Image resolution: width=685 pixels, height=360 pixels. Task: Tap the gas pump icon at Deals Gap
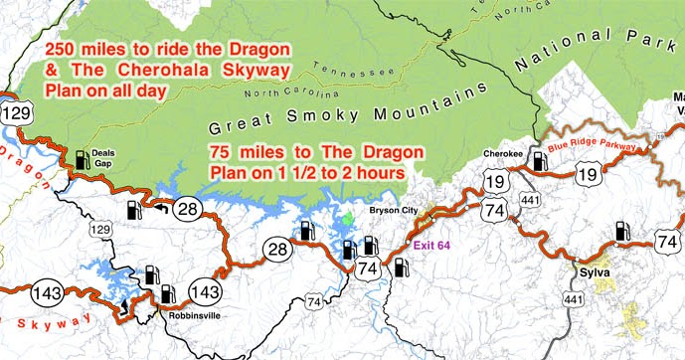pos(80,158)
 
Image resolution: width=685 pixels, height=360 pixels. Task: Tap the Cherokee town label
pos(502,154)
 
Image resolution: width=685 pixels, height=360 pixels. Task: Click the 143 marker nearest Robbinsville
pos(204,292)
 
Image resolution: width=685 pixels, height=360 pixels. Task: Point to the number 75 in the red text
pos(223,152)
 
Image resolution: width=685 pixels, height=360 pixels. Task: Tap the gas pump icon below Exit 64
pos(401,267)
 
